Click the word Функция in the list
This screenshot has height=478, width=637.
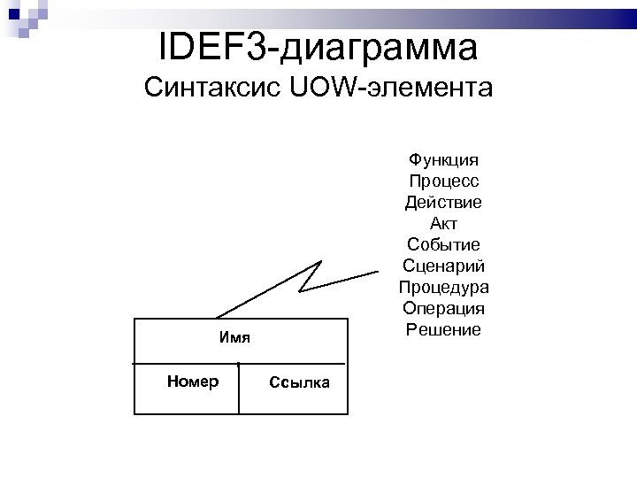(443, 160)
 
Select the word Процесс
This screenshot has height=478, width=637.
(443, 181)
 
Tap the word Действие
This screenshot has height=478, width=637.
(443, 203)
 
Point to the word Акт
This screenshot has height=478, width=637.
(443, 224)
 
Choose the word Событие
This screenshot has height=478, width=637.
(443, 245)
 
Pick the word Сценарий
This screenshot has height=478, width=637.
(443, 266)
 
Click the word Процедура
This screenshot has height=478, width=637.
(443, 288)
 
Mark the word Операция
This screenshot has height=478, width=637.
(443, 309)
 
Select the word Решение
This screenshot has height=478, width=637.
(443, 330)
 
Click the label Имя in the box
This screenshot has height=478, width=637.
(234, 338)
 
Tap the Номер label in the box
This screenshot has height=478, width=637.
(192, 382)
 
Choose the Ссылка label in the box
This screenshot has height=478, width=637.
(299, 382)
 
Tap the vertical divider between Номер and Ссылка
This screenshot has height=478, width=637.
(239, 389)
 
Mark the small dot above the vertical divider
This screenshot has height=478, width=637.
(239, 364)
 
